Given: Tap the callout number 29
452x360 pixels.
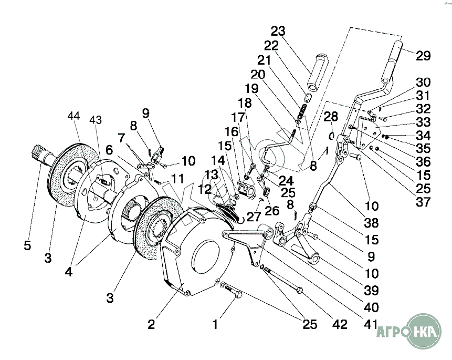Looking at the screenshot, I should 423,56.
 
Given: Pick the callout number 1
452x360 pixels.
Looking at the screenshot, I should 215,324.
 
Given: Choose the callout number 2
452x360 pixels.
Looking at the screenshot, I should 151,324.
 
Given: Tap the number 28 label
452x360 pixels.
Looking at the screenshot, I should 331,116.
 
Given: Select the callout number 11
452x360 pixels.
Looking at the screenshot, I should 176,179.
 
